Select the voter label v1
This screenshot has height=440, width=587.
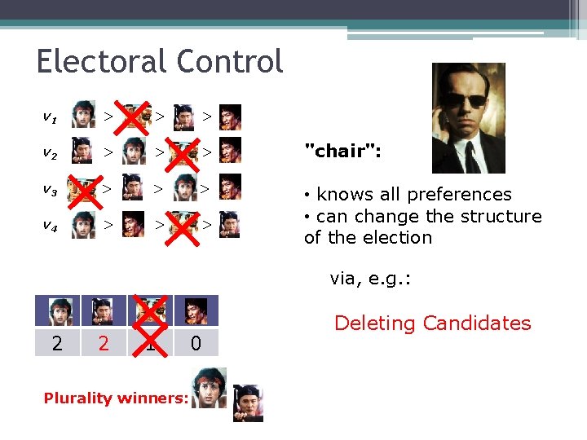click(50, 117)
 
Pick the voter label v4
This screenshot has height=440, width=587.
click(50, 226)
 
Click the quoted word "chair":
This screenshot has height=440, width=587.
click(342, 151)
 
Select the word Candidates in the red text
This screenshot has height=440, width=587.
click(477, 323)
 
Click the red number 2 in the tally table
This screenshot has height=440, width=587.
click(103, 344)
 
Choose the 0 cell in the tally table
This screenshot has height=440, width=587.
click(196, 344)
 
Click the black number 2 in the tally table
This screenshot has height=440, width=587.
click(56, 344)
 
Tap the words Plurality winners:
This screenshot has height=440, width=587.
click(116, 398)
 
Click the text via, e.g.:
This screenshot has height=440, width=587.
click(370, 279)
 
